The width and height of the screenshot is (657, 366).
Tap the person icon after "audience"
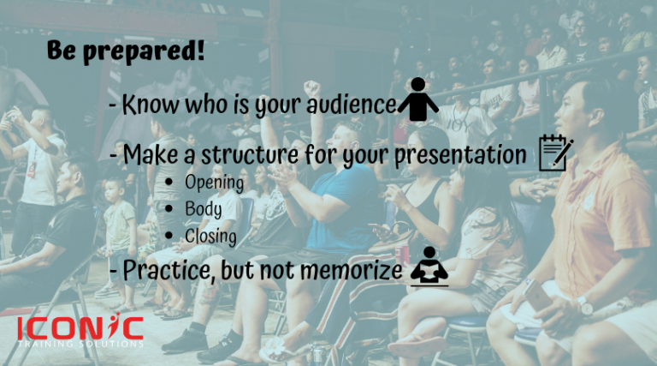click(418, 100)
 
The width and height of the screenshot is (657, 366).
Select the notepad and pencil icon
click(555, 153)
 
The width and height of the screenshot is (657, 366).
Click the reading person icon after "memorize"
click(429, 267)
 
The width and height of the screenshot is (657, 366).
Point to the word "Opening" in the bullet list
click(214, 183)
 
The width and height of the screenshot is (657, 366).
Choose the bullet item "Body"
click(203, 209)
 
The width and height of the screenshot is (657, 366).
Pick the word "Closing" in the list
click(211, 236)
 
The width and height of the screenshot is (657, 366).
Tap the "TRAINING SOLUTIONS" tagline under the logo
click(81, 344)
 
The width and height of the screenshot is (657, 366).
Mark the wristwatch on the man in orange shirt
click(583, 304)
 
